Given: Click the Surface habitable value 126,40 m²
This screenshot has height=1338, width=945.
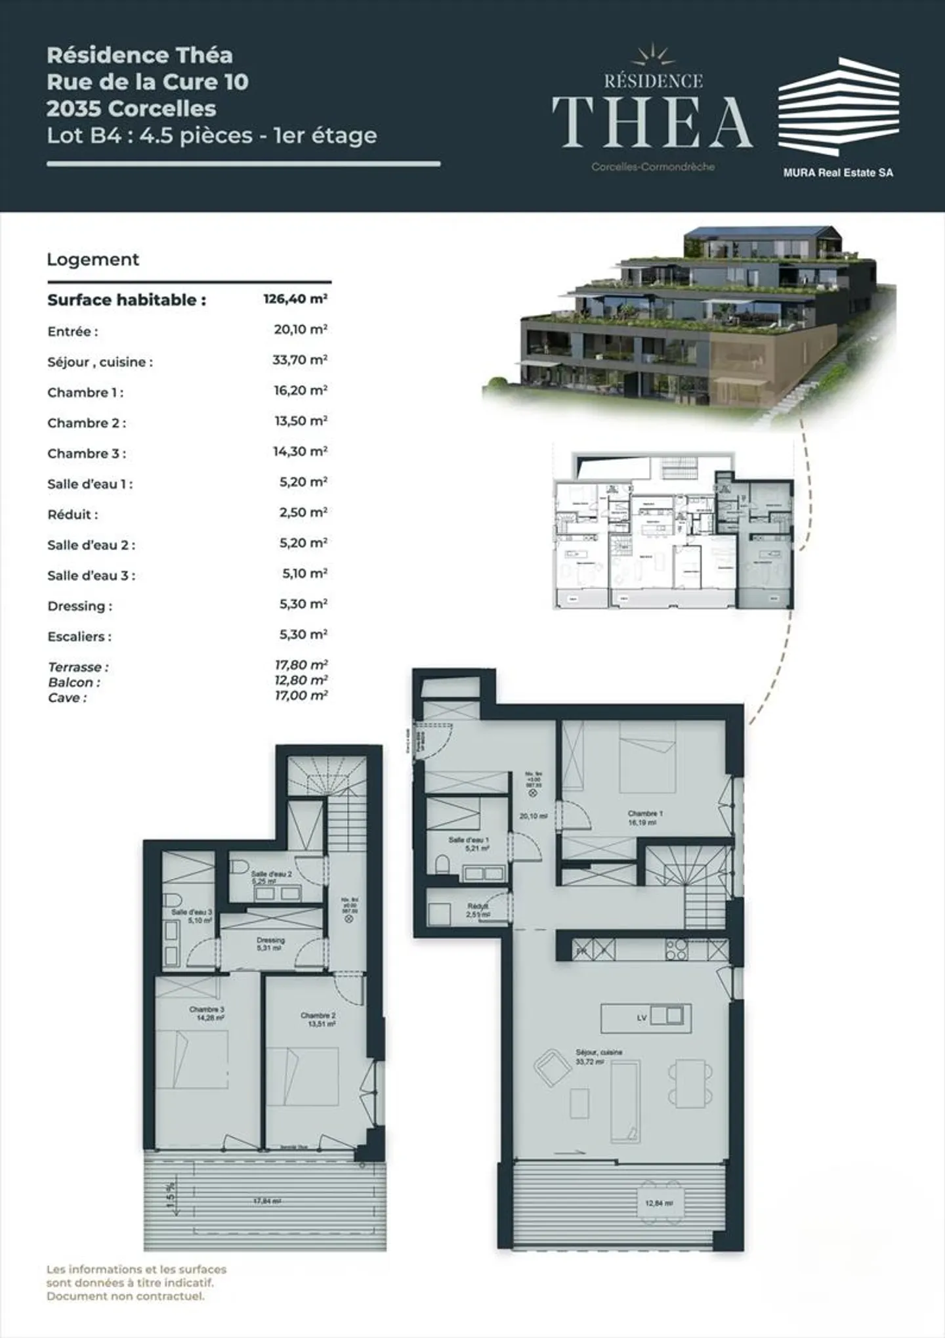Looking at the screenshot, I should [295, 299].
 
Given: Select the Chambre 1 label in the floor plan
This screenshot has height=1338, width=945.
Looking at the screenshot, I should [645, 813].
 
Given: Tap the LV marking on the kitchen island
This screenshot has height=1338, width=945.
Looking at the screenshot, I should [642, 1018].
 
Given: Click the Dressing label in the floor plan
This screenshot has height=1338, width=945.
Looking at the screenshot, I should [270, 940].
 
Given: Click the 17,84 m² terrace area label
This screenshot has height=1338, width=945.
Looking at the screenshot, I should [267, 1201].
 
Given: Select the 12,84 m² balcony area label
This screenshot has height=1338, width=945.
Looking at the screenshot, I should [659, 1203].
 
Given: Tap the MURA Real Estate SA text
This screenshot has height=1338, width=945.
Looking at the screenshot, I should [838, 173].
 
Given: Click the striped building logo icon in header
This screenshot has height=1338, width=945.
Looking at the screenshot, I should [838, 106].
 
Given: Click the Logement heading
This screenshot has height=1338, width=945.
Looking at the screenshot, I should [93, 259].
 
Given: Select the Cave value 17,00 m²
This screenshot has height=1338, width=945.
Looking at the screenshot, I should [301, 696].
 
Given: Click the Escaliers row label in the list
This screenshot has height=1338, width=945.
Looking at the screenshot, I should [79, 636].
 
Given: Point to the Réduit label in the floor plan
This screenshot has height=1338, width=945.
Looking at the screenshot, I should [477, 906].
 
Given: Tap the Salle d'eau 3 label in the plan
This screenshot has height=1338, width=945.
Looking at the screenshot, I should [192, 912].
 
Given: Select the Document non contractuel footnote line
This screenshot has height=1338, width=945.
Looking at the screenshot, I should [125, 1296].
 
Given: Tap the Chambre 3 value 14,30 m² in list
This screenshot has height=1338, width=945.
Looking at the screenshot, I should [300, 452].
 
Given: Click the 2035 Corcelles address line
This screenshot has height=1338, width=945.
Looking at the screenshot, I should [131, 108].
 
